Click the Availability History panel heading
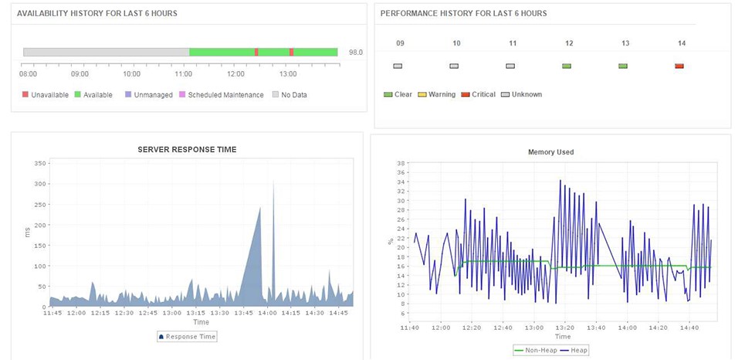[97, 14]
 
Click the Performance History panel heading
[463, 14]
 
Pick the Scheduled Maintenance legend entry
[222, 95]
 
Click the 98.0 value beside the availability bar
[355, 53]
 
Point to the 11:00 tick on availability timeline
[184, 74]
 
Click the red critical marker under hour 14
[679, 66]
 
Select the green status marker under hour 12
[567, 66]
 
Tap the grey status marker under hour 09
[398, 66]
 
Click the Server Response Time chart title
[187, 149]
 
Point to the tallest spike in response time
[273, 182]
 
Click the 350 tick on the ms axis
[40, 163]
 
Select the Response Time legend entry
[187, 337]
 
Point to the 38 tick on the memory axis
[400, 163]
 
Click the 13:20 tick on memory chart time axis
[564, 328]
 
